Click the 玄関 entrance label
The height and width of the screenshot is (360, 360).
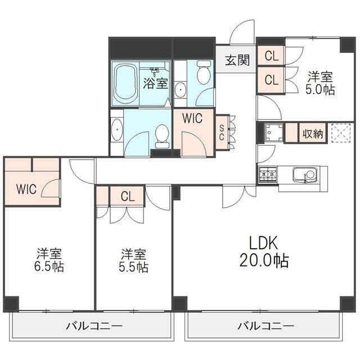(x=237, y=61)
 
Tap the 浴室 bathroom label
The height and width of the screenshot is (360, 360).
(x=156, y=83)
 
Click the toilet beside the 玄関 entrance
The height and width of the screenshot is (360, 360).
(x=203, y=73)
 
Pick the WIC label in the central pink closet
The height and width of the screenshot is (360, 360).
(x=192, y=119)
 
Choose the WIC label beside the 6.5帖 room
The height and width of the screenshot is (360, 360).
(x=26, y=189)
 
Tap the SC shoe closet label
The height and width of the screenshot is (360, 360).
(x=222, y=133)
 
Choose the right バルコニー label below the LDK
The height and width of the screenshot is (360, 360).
(x=265, y=326)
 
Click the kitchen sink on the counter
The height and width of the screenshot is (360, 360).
(x=304, y=175)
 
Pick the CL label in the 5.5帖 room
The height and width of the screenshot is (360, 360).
(x=127, y=196)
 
